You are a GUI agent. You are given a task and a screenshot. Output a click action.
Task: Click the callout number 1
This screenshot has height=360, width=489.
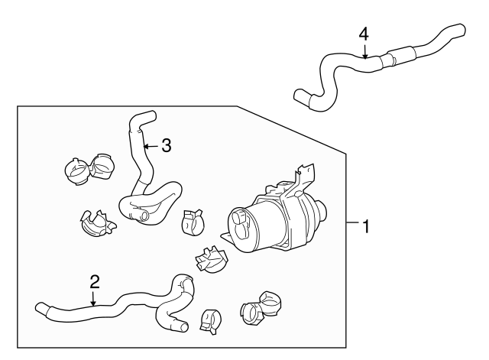[x=366, y=226]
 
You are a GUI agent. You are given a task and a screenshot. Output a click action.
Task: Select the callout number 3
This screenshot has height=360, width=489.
[x=166, y=145]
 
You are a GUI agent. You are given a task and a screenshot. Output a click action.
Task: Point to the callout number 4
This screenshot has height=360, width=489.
[x=364, y=34]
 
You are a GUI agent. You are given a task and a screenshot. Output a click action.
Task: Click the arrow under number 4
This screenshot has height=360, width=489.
[x=365, y=51]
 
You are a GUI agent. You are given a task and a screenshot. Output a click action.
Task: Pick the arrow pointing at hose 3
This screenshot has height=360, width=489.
[x=149, y=144]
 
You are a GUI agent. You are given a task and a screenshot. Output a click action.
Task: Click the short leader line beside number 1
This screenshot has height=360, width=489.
[x=352, y=223]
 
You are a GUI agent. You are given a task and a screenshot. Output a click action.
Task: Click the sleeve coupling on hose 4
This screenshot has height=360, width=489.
[x=401, y=55]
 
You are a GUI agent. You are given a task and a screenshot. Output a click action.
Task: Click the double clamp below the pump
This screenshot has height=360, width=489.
[x=261, y=306]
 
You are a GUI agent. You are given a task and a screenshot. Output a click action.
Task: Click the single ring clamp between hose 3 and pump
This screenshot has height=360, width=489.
[x=193, y=222]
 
